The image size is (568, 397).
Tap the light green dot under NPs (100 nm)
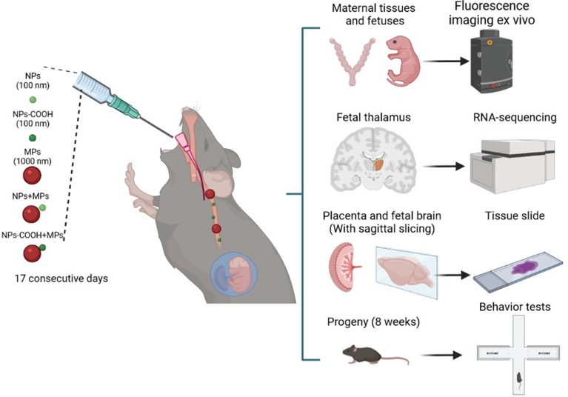coord(33,99)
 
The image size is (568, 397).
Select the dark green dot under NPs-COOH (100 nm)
coord(33,137)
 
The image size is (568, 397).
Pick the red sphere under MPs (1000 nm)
coord(33,176)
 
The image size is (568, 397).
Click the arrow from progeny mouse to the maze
coord(437,356)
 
